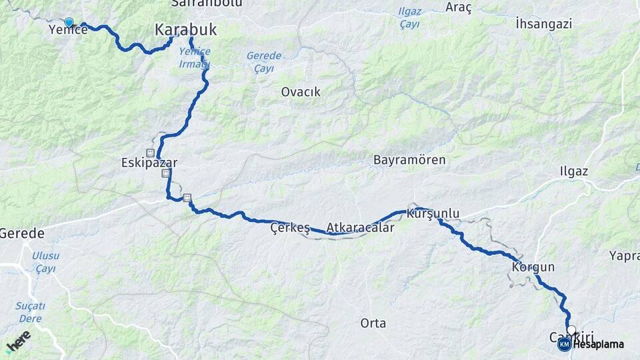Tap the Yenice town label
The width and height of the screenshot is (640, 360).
(x=68, y=30)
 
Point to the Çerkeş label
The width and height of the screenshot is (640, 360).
(x=290, y=228)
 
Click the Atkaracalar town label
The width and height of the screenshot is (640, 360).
(x=360, y=227)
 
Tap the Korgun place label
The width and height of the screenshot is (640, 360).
(x=533, y=267)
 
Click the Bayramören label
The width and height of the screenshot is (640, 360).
(x=409, y=161)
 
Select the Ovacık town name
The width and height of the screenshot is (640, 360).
(x=301, y=92)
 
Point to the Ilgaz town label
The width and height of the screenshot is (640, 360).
(x=574, y=171)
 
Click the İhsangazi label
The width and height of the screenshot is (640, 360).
(x=544, y=24)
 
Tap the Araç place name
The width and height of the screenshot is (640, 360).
(x=459, y=7)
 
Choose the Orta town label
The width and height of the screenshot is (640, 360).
(x=373, y=323)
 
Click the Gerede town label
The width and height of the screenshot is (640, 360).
(x=22, y=234)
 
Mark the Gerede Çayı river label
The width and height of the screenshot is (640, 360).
(x=263, y=61)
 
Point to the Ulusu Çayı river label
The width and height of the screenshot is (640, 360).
(x=45, y=262)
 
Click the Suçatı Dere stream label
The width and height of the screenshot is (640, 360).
(x=31, y=312)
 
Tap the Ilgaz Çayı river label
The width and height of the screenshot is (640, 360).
(x=409, y=17)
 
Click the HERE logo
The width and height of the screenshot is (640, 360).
(x=18, y=341)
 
